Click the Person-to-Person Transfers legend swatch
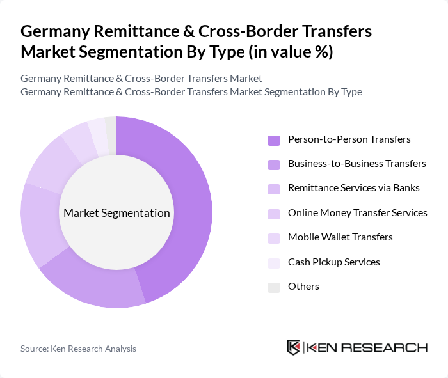click(274, 140)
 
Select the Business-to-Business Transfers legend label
click(356, 164)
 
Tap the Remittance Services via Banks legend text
click(354, 188)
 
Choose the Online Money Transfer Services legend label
click(357, 213)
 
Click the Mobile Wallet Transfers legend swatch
click(274, 238)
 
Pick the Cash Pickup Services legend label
click(333, 262)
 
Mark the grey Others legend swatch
click(274, 287)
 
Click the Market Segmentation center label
click(116, 213)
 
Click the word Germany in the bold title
click(51, 32)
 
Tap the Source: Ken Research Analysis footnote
click(78, 349)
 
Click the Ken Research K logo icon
click(293, 347)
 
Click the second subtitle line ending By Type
click(191, 92)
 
